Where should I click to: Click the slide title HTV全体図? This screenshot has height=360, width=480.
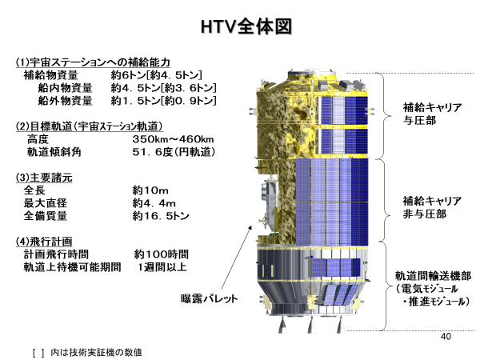246,26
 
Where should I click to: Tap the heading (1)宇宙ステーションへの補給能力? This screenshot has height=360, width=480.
93,62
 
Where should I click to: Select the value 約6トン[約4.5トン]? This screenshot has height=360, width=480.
157,75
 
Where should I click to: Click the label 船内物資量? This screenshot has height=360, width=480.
66,88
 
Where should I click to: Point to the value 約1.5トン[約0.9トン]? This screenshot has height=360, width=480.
164,101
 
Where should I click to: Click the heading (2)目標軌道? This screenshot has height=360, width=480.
89,126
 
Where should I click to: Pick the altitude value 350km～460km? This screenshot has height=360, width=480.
173,139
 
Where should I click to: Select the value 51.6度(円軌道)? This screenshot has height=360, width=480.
174,152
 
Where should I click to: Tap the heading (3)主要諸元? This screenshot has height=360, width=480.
44,178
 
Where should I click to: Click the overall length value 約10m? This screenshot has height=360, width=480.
150,190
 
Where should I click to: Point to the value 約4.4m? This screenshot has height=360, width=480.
154,203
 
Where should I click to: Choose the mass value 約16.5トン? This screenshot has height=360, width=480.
161,216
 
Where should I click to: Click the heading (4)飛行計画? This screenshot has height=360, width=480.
44,242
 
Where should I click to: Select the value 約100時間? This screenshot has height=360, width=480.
162,254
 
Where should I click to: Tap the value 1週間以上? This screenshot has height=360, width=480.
162,267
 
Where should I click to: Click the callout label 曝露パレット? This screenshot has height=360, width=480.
209,298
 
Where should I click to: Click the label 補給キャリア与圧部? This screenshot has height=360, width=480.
432,114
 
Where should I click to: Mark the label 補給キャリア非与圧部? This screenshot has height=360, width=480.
432,207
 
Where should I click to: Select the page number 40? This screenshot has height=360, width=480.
446,337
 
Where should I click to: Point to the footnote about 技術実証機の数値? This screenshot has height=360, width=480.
87,352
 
